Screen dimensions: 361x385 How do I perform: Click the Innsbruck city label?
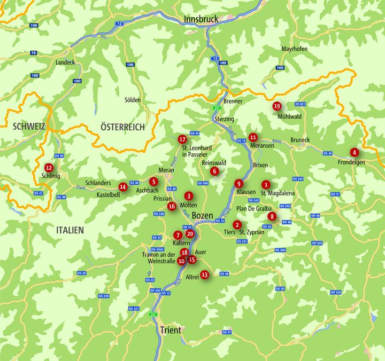point(202,19)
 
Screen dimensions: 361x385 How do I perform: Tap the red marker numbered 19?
point(276,106)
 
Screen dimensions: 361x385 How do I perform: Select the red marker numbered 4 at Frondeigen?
point(354,152)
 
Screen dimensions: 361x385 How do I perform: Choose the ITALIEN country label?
point(70,230)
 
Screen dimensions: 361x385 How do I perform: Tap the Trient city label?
point(170,330)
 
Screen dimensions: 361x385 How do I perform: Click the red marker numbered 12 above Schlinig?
point(49,167)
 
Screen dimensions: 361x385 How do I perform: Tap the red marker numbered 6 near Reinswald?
point(214,171)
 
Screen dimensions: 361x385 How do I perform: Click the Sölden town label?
point(133,100)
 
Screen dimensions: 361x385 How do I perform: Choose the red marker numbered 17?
point(182,139)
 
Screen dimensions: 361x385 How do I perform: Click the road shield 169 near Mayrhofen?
point(280,68)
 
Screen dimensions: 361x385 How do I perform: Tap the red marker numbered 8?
point(272,216)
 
